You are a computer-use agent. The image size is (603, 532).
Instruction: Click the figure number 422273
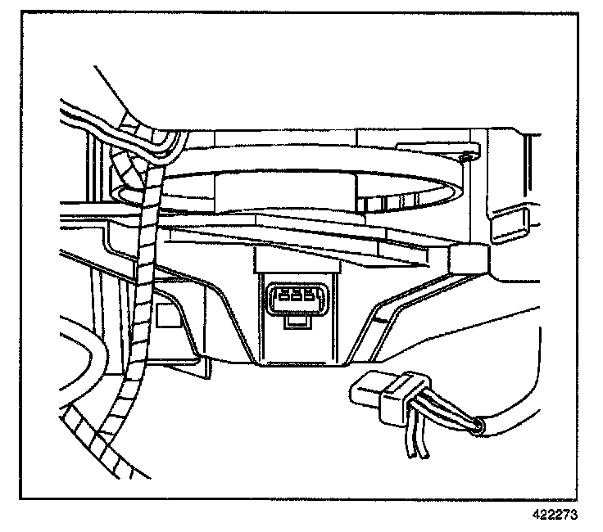(x=555, y=515)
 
